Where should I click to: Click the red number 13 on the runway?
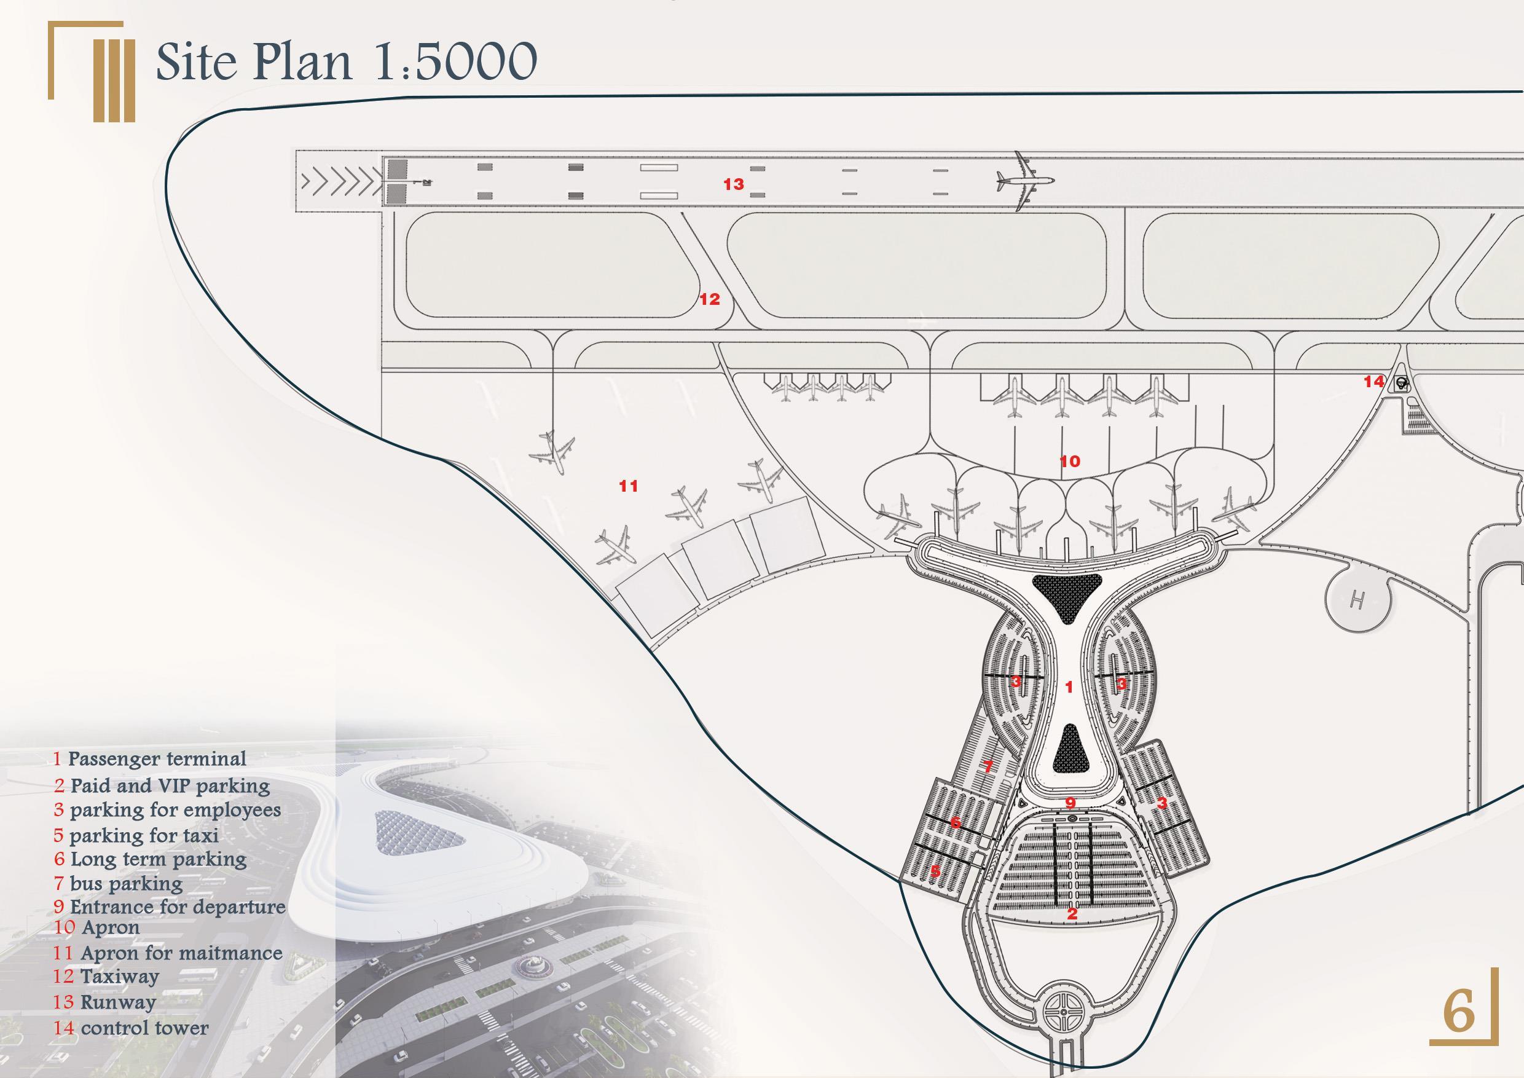734,184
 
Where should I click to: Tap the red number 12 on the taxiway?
710,299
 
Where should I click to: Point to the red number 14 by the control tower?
1374,382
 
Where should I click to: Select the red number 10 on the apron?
1070,462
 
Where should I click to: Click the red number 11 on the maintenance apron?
628,486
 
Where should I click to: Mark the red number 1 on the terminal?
1069,687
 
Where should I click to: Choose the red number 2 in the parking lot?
1071,913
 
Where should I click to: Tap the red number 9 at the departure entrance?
1070,803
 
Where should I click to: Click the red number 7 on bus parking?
988,766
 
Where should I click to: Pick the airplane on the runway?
1024,181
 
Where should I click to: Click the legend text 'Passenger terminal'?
157,758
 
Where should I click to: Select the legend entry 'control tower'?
144,1028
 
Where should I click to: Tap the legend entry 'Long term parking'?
158,859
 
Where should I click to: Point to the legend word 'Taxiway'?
119,977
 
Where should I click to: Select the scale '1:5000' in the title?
455,61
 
